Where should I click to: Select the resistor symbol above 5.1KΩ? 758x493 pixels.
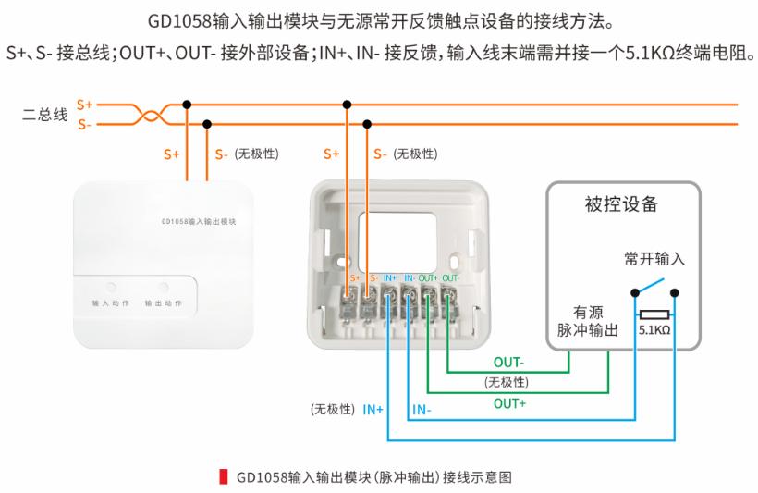[654, 314]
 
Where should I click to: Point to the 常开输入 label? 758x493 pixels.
[654, 259]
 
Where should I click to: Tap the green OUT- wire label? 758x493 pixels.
[508, 362]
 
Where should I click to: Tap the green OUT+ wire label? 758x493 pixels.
[509, 403]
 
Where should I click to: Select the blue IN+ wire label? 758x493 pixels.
[373, 408]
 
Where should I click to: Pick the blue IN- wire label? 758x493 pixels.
[421, 408]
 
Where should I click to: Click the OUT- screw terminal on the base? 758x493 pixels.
[448, 298]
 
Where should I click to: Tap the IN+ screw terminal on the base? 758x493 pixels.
[388, 298]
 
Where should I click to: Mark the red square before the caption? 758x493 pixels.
[223, 477]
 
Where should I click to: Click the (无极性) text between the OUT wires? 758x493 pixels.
[506, 382]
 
